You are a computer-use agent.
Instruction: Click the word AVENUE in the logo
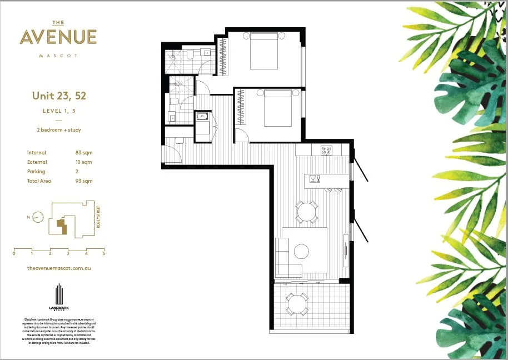pos(58,37)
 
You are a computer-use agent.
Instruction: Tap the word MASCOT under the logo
pos(58,56)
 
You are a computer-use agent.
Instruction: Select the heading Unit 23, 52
pos(59,96)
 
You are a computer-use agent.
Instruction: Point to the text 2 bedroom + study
pos(59,130)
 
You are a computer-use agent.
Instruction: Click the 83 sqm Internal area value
pos(84,153)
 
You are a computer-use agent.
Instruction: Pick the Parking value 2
pos(77,172)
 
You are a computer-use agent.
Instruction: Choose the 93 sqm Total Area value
pos(84,181)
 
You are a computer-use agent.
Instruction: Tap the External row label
pos(37,162)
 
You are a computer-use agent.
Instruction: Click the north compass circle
pos(38,217)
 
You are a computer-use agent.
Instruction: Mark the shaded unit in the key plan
pos(62,226)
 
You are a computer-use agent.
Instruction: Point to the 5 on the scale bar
pos(104,253)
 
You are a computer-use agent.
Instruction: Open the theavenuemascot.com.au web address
pos(59,268)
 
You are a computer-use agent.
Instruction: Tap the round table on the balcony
pos(297,304)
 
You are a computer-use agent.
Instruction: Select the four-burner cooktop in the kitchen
pos(327,151)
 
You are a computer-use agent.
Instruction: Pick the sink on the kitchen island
pos(314,179)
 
